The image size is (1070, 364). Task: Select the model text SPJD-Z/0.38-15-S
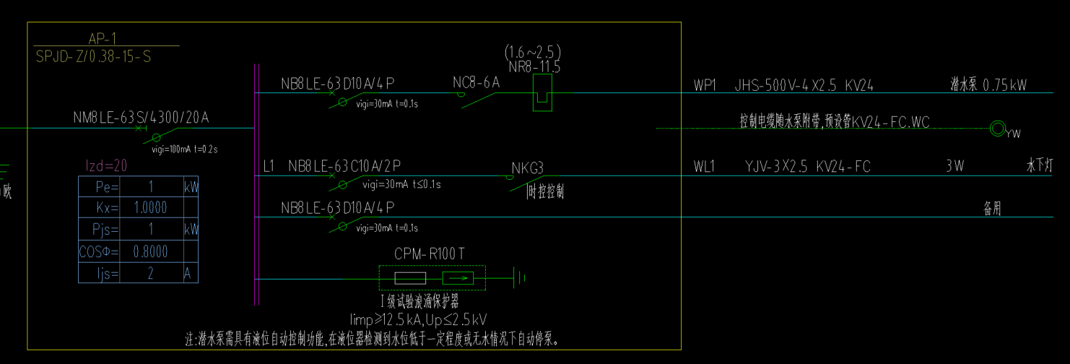[x=93, y=56]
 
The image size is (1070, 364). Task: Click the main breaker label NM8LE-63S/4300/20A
[x=141, y=117]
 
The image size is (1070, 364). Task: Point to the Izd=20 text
[x=106, y=165]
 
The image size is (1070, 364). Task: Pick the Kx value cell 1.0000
[x=150, y=208]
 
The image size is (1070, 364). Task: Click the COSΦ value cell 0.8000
[x=150, y=251]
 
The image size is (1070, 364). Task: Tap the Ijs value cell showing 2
[x=150, y=273]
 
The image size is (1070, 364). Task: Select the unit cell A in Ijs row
[x=189, y=273]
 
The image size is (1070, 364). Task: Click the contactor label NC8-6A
[x=476, y=83]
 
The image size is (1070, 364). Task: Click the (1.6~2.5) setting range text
[x=533, y=53]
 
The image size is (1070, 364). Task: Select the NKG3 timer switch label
[x=527, y=168]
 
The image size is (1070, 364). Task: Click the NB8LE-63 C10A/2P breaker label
[x=344, y=166]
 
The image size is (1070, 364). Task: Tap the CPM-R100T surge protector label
[x=430, y=253]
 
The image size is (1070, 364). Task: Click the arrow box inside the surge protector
[x=458, y=278]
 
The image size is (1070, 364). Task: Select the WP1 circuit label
[x=704, y=85]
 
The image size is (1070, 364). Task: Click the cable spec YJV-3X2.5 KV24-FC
[x=807, y=167]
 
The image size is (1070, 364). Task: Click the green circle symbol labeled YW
[x=997, y=129]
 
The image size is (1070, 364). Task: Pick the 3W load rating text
[x=955, y=167]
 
